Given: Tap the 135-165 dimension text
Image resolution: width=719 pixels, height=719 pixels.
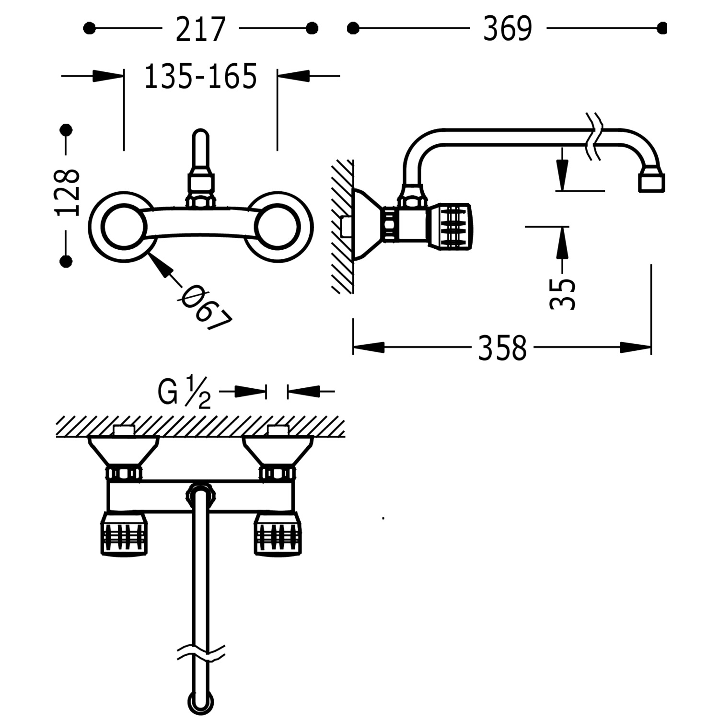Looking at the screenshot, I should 201,77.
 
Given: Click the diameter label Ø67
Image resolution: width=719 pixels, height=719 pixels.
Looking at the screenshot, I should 206,307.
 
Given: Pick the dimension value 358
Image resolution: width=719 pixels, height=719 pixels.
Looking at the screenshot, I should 502,348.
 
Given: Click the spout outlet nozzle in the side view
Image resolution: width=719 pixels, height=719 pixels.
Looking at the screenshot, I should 651,182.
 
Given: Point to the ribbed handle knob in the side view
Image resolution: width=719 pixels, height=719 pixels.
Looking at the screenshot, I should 451,226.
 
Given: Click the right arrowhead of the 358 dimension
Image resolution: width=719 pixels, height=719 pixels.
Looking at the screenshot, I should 636,348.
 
